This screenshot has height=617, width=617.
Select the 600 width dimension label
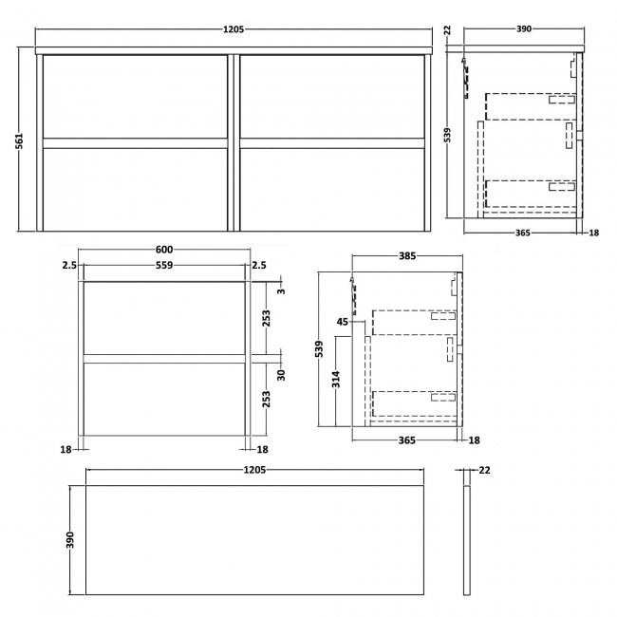[165, 250]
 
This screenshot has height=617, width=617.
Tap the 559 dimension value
[165, 266]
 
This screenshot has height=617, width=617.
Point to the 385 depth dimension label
[406, 256]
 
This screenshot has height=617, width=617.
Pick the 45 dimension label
[344, 323]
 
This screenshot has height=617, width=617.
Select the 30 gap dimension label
[280, 374]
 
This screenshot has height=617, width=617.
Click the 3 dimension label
[280, 290]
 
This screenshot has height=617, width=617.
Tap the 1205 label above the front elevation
[234, 30]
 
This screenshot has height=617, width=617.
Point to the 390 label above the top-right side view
[523, 30]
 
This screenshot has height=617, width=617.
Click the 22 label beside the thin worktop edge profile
[484, 470]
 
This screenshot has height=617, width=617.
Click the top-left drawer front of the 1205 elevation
[136, 96]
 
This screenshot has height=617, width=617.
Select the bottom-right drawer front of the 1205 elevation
[332, 186]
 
